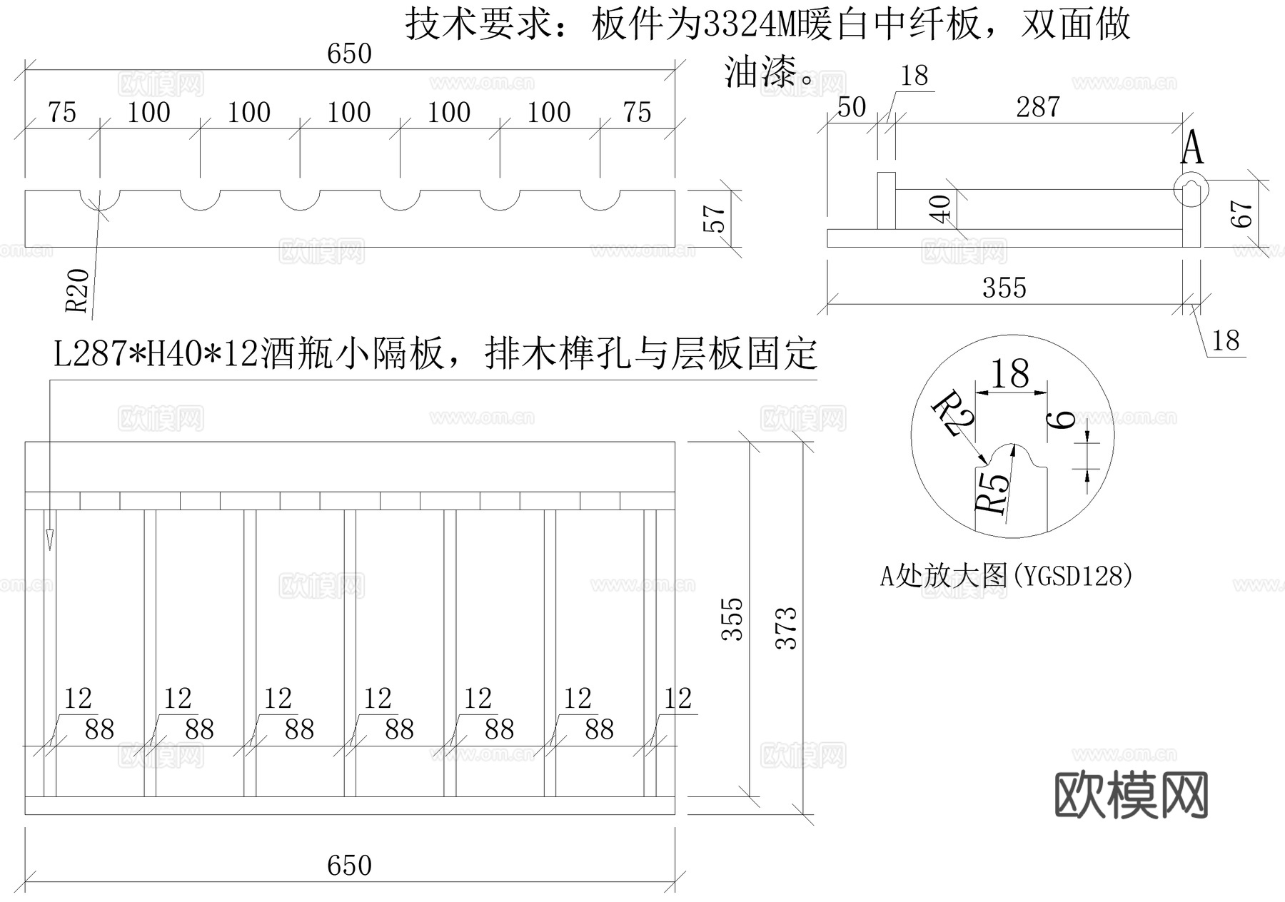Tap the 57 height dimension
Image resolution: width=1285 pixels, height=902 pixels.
715,219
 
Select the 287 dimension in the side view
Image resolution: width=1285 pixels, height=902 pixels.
1037,108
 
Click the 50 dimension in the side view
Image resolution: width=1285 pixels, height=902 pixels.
851,108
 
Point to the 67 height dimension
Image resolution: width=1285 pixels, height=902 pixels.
1243,213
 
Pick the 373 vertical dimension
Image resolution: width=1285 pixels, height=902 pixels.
786,628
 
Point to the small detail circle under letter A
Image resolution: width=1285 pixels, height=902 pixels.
1191,188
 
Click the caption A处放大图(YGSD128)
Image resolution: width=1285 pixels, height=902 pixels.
1006,575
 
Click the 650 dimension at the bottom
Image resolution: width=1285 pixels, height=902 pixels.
349,866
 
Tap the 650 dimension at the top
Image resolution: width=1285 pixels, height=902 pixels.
349,54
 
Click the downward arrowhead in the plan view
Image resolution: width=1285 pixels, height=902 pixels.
50,540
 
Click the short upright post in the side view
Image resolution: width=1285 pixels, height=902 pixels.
886,201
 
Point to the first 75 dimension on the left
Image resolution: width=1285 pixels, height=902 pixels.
62,113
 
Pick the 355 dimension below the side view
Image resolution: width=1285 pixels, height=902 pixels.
1004,288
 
